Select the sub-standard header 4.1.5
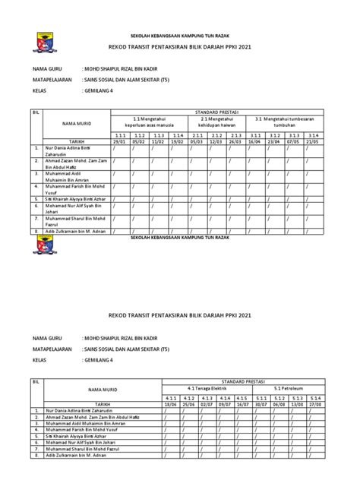coord(242,398)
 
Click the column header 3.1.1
coord(254,134)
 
